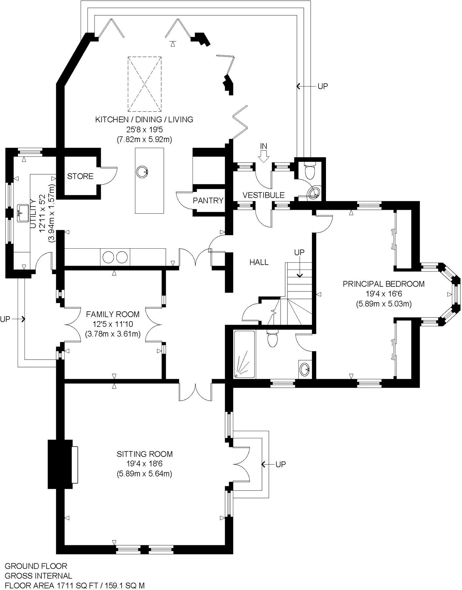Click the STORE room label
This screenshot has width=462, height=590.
tap(80, 176)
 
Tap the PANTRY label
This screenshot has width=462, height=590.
tap(208, 200)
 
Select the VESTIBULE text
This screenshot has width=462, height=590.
tap(263, 195)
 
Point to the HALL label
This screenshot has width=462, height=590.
tap(259, 262)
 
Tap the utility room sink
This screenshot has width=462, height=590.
tap(22, 213)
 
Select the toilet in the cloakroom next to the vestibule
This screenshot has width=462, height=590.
tap(309, 170)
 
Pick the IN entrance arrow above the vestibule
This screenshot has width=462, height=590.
tap(263, 152)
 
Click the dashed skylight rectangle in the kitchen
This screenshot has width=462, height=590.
tap(145, 84)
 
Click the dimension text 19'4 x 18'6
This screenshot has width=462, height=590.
tap(145, 464)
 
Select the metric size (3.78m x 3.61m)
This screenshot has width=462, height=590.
tap(113, 334)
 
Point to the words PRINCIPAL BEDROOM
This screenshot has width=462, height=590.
tap(383, 284)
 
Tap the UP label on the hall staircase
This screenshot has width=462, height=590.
tap(299, 252)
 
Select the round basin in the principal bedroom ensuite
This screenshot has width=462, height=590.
tap(305, 369)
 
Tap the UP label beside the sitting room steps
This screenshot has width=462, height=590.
tap(281, 464)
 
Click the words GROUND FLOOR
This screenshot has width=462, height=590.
tap(36, 566)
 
